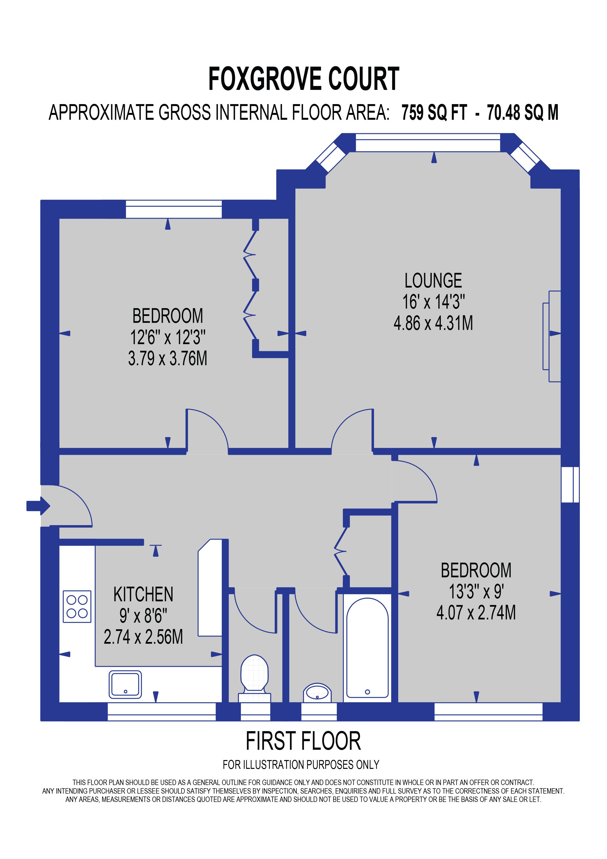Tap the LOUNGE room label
click(x=433, y=281)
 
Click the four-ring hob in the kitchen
click(x=77, y=606)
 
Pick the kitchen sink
click(x=125, y=684)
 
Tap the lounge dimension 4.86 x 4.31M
click(x=433, y=323)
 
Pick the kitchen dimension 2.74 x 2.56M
click(x=143, y=637)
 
